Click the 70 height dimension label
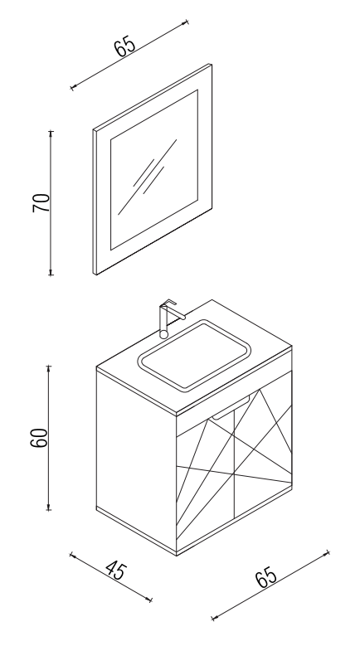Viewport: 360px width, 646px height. pyautogui.click(x=41, y=202)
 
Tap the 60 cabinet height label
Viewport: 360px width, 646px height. pyautogui.click(x=40, y=438)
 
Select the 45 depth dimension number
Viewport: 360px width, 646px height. pyautogui.click(x=117, y=571)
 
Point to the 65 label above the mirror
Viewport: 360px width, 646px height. pyautogui.click(x=124, y=46)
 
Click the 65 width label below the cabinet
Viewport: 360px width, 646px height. pyautogui.click(x=266, y=577)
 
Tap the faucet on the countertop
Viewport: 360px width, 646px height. pyautogui.click(x=169, y=318)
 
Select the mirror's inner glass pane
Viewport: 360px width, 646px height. pyautogui.click(x=154, y=170)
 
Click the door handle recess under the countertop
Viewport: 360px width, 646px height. pyautogui.click(x=231, y=407)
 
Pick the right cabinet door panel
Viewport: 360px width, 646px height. pyautogui.click(x=263, y=453)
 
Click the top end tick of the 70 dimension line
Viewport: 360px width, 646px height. pyautogui.click(x=51, y=132)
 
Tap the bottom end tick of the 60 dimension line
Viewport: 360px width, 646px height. pyautogui.click(x=49, y=510)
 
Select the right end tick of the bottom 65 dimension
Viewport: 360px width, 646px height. pyautogui.click(x=328, y=552)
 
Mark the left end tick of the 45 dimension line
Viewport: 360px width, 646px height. pyautogui.click(x=71, y=555)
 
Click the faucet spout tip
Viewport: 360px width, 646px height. pyautogui.click(x=182, y=318)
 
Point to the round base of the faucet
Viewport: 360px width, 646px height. pyautogui.click(x=164, y=333)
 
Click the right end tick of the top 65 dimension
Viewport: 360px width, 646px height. pyautogui.click(x=187, y=22)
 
